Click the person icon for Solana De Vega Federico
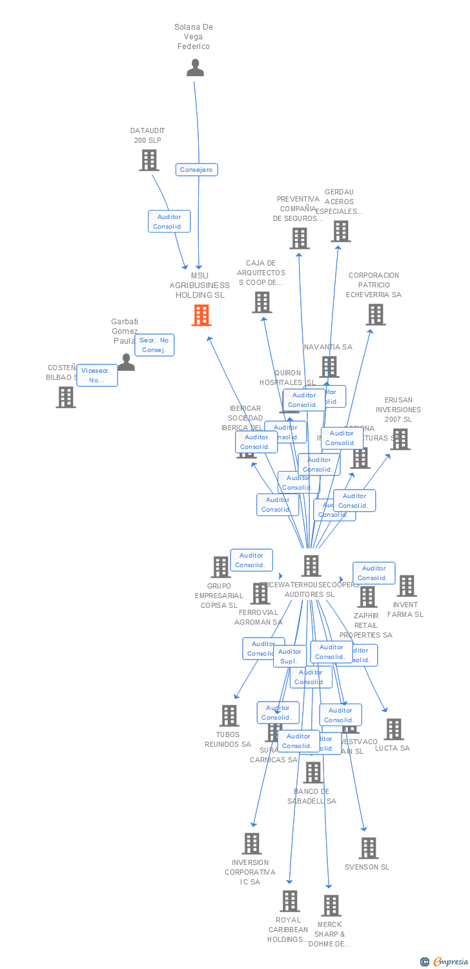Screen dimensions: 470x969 (195, 68)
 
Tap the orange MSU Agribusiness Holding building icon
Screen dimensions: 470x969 (201, 315)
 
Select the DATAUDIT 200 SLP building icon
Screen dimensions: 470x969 (149, 160)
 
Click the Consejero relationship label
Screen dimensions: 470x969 (197, 170)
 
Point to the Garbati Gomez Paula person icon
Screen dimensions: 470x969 (127, 362)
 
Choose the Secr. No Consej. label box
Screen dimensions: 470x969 (154, 345)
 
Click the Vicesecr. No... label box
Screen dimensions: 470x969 (97, 375)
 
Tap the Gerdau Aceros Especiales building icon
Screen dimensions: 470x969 (341, 231)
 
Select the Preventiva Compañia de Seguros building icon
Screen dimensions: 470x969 (300, 238)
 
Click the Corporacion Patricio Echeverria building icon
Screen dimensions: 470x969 (376, 315)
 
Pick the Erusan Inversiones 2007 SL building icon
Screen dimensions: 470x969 (400, 439)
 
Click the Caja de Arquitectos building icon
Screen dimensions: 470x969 (262, 302)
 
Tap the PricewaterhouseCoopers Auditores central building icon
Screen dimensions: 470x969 (311, 566)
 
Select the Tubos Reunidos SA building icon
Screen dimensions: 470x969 (229, 716)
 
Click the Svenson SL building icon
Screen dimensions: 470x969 (369, 848)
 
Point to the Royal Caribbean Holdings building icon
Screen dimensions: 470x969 (290, 901)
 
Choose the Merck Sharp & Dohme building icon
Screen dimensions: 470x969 (331, 906)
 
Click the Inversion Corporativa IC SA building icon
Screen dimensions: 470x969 (252, 844)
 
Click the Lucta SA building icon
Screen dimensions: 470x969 (394, 729)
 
